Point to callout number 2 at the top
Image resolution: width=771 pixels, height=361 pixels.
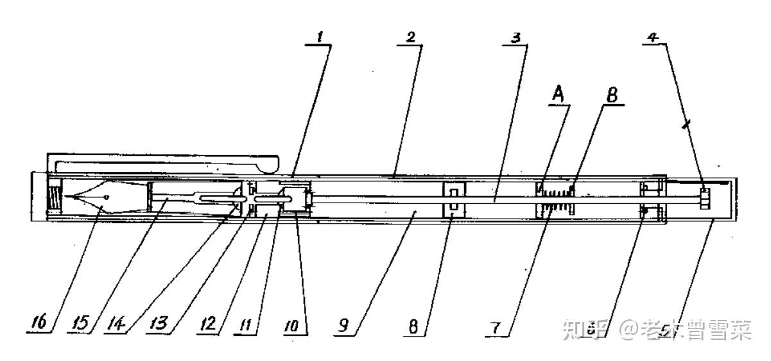(x=409, y=37)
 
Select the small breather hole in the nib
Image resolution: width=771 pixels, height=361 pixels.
(x=107, y=196)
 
